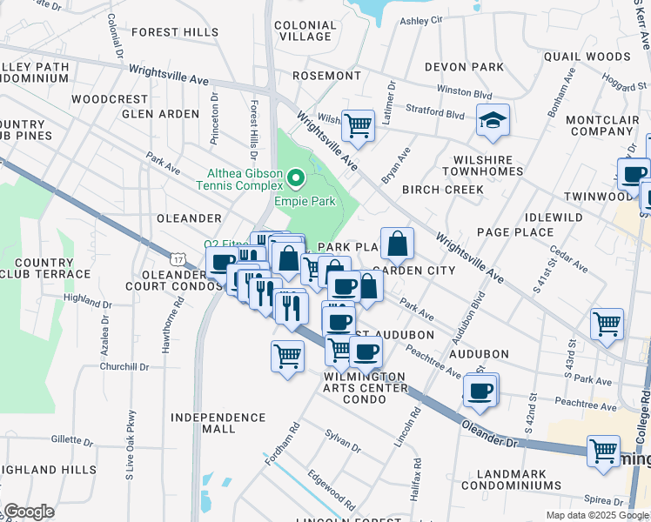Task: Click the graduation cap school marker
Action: click(493, 121)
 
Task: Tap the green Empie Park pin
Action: click(296, 179)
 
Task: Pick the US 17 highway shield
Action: click(178, 259)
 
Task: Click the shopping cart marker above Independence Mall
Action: click(287, 355)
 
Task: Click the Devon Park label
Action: click(464, 67)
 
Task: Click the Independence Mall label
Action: click(215, 424)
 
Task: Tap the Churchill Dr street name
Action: click(124, 367)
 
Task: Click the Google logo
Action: click(29, 512)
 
